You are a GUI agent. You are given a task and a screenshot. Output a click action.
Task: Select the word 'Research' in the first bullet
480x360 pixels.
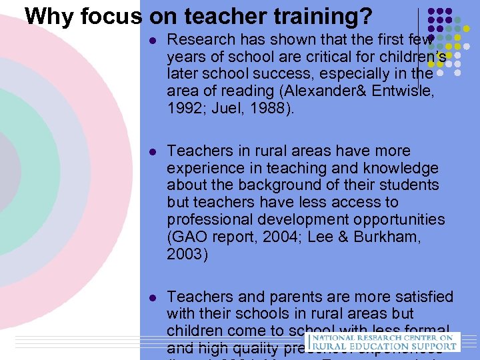(x=201, y=39)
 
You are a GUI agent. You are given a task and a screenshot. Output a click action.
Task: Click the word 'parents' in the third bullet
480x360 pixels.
(x=285, y=297)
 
